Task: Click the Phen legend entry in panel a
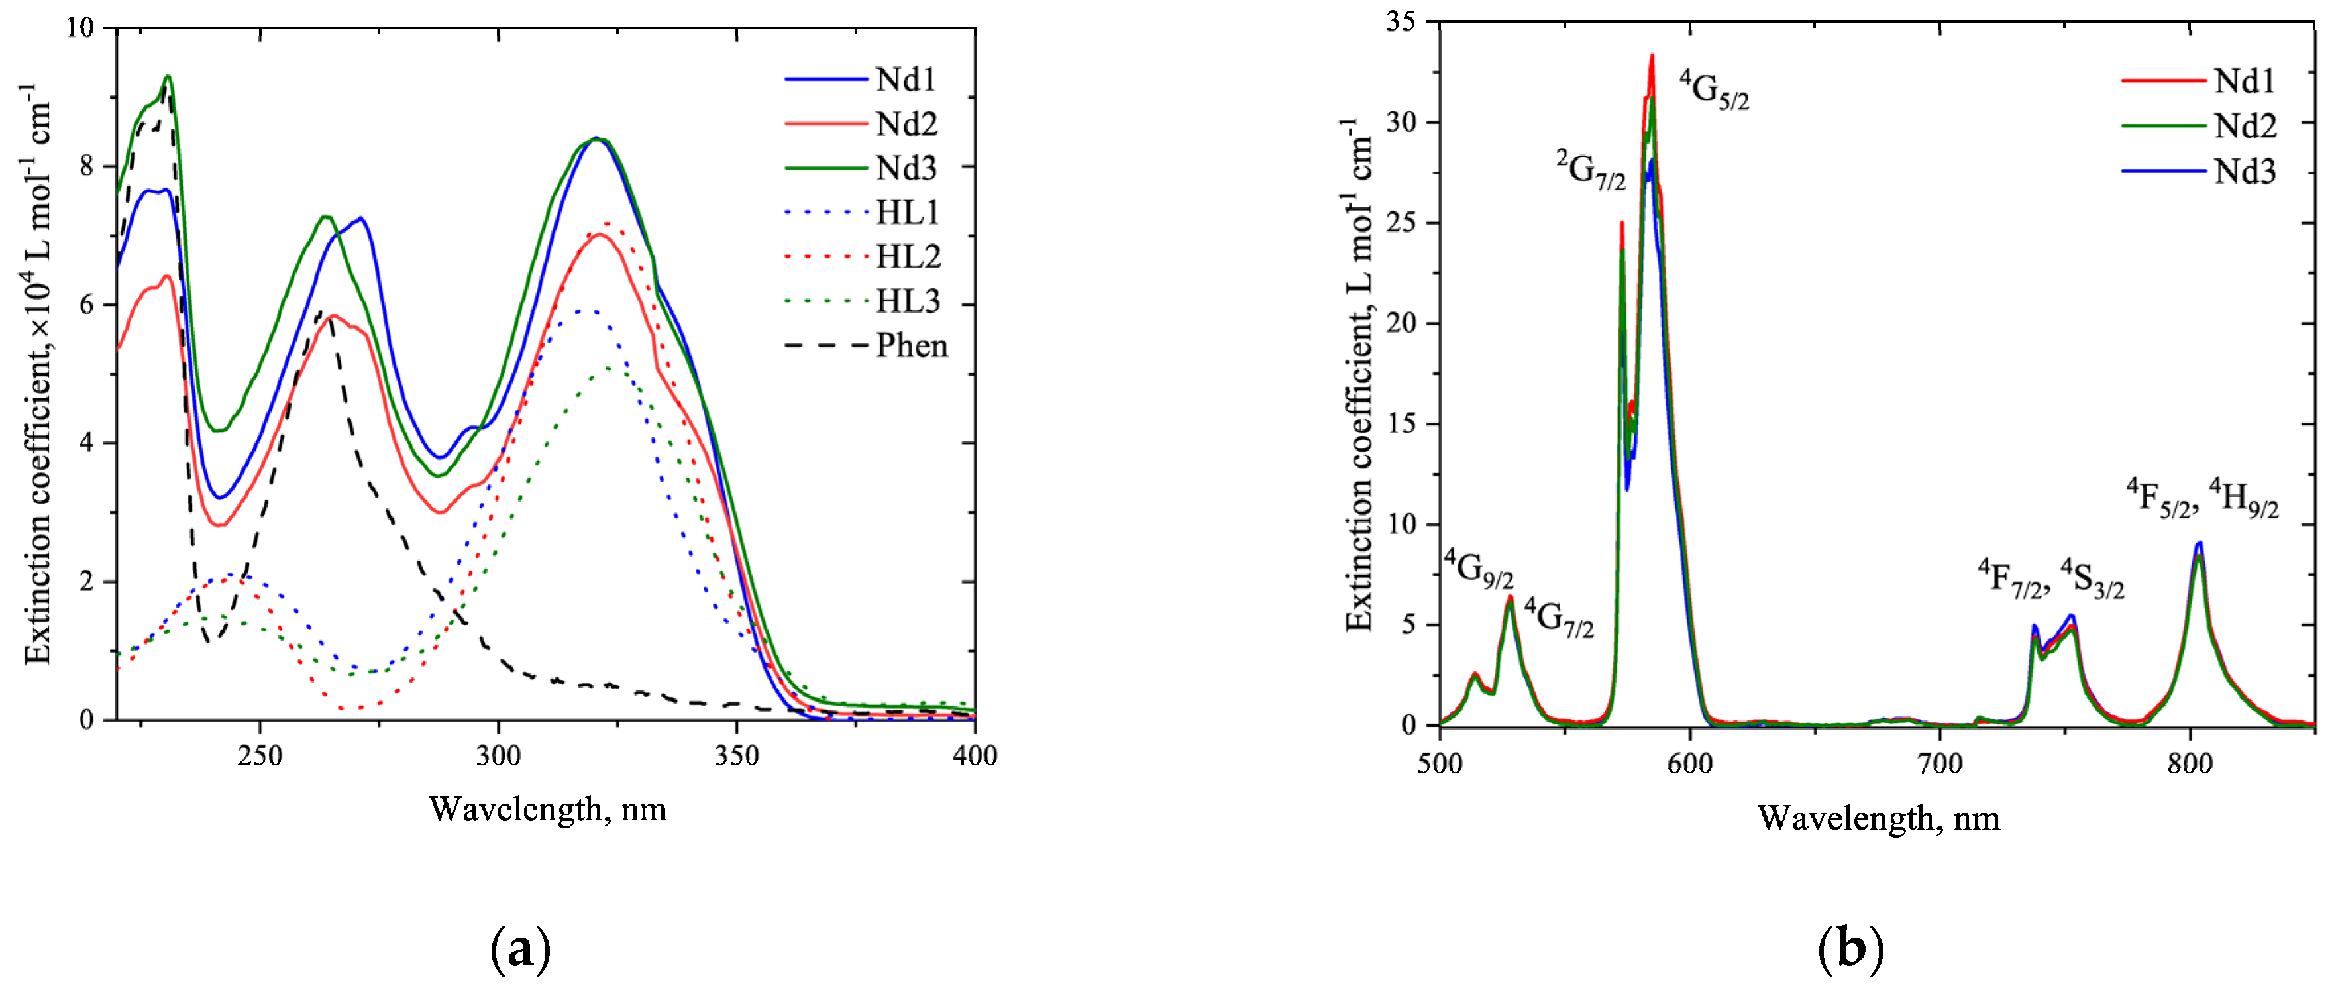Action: click(910, 345)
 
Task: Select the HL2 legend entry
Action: click(908, 256)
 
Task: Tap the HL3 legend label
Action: click(908, 301)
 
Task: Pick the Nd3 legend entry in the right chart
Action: click(2245, 170)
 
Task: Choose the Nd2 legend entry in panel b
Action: click(2245, 126)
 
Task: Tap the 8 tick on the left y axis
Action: click(86, 166)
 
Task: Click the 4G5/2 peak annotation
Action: click(1713, 89)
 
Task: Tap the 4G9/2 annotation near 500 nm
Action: click(1478, 569)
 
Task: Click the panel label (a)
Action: click(520, 949)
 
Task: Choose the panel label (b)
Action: click(1850, 949)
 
